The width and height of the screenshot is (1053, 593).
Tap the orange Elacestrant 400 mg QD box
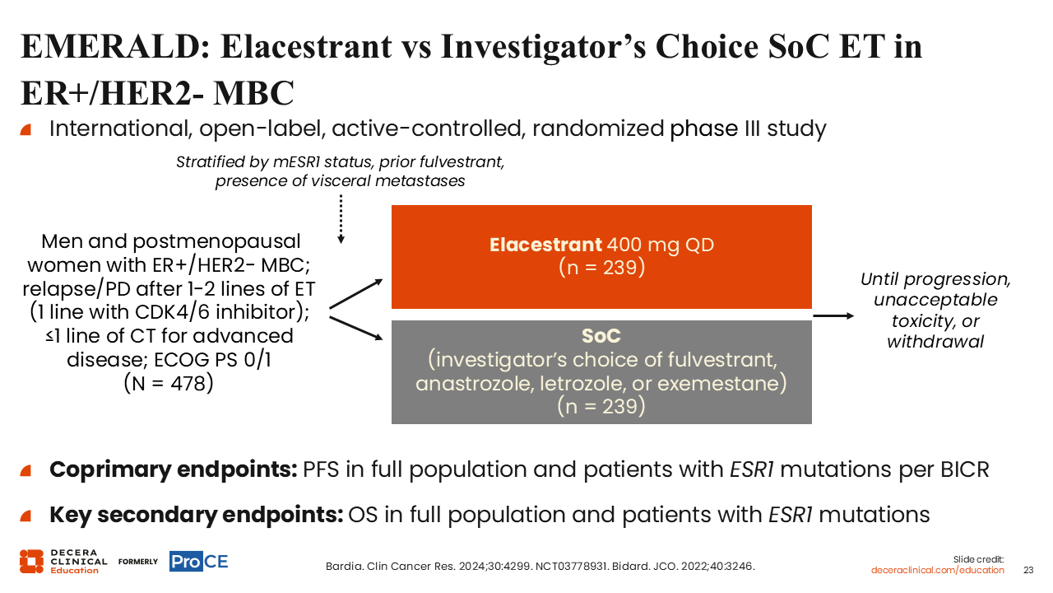(x=601, y=256)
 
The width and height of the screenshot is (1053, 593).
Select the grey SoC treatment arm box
(x=601, y=371)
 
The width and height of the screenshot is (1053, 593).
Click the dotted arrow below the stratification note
(x=341, y=220)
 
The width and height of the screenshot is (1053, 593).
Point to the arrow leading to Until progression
(x=833, y=315)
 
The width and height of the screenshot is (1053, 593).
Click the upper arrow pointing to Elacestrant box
(x=356, y=294)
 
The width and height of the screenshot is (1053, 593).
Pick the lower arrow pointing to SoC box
(x=356, y=328)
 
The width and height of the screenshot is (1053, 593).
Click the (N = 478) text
(x=169, y=384)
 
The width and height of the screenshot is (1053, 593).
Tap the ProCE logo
(x=199, y=562)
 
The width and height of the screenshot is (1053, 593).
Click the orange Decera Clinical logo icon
(x=31, y=562)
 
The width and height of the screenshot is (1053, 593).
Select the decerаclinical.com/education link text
(x=937, y=570)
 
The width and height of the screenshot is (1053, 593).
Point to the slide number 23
(x=1028, y=570)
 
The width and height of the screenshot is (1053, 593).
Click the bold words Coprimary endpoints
(x=174, y=469)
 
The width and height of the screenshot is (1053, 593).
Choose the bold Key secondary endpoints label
(x=197, y=515)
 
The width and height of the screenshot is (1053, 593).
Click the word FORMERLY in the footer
(x=138, y=562)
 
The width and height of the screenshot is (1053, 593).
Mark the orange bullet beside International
(x=26, y=129)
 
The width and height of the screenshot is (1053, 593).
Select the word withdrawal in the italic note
(x=935, y=342)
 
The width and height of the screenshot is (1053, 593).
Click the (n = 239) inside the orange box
(x=601, y=268)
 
